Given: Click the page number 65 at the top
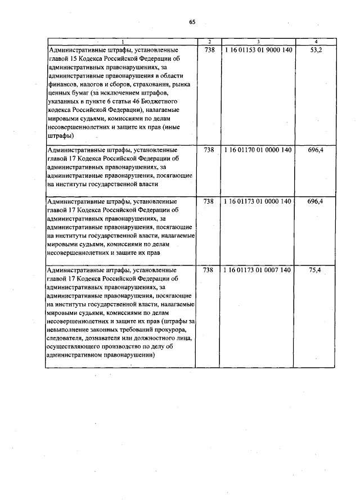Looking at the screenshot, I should [x=192, y=22].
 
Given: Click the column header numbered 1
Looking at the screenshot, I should [x=123, y=42].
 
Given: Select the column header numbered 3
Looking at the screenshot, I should [x=258, y=42].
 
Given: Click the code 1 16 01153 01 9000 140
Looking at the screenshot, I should [x=258, y=50].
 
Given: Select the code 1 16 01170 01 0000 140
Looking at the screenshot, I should [x=258, y=150].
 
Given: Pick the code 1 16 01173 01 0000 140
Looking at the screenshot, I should [x=258, y=201].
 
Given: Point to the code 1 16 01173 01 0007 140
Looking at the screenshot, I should [x=258, y=270].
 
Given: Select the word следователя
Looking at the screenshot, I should [x=66, y=338].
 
